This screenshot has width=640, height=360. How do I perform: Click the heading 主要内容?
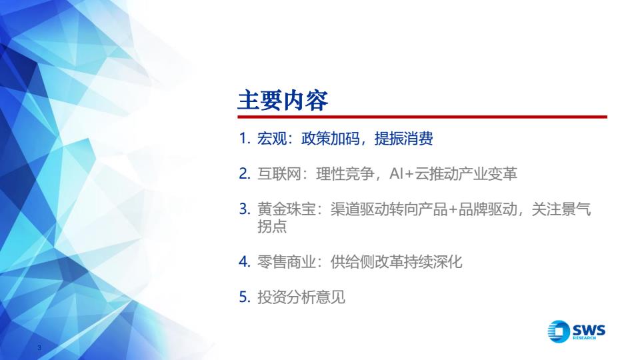[x=283, y=101]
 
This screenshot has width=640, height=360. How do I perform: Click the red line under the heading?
[x=423, y=117]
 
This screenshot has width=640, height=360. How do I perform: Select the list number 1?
[x=245, y=139]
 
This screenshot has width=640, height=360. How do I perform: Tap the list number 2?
[x=245, y=174]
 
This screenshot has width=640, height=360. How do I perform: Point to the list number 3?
[x=245, y=209]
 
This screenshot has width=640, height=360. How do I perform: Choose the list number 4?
[x=245, y=261]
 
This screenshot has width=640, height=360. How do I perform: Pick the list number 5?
[x=245, y=297]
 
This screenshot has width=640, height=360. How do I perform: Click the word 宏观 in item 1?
[x=271, y=139]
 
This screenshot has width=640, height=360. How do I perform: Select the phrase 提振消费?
[x=404, y=139]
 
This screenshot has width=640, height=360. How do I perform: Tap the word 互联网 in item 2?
[x=279, y=174]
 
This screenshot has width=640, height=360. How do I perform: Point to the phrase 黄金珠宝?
[x=286, y=209]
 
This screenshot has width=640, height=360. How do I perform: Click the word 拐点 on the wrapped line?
[x=272, y=226]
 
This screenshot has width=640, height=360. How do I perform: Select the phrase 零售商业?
[x=286, y=261]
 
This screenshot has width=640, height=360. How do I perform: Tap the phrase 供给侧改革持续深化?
[x=396, y=261]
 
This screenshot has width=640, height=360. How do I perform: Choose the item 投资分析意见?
[x=301, y=297]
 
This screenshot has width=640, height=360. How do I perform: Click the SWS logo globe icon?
[x=559, y=331]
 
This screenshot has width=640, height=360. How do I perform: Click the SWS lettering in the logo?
[x=589, y=329]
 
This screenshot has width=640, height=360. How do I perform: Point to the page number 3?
[x=39, y=348]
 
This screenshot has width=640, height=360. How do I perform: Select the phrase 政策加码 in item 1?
[x=330, y=139]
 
